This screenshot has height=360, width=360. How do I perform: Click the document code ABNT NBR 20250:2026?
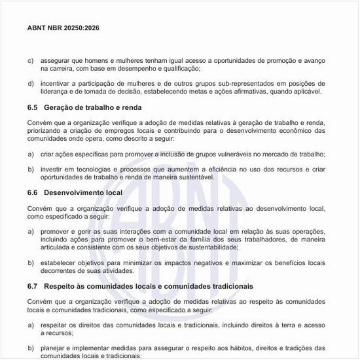tap(63, 29)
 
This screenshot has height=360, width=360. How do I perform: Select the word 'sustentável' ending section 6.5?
tap(193, 177)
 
